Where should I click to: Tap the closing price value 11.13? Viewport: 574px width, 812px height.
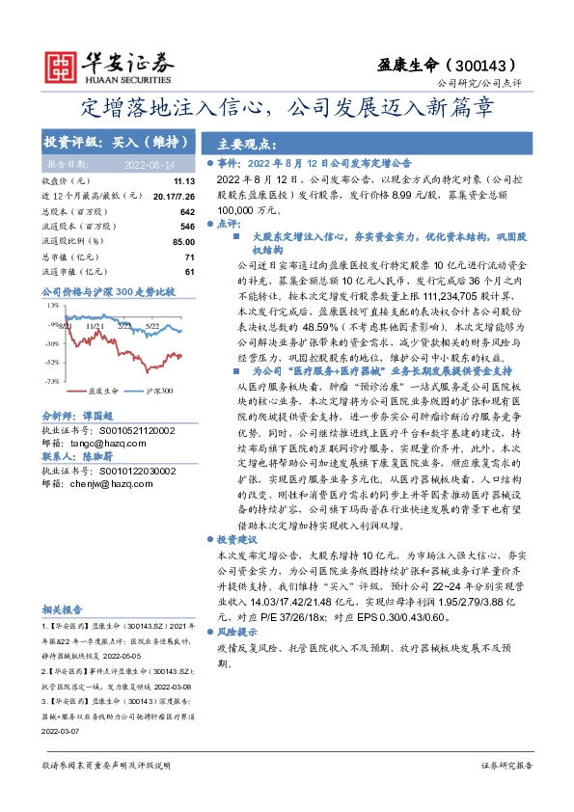(184, 181)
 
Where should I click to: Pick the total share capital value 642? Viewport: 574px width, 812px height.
(187, 211)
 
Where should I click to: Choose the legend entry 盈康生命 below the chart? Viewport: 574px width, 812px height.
(103, 392)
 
